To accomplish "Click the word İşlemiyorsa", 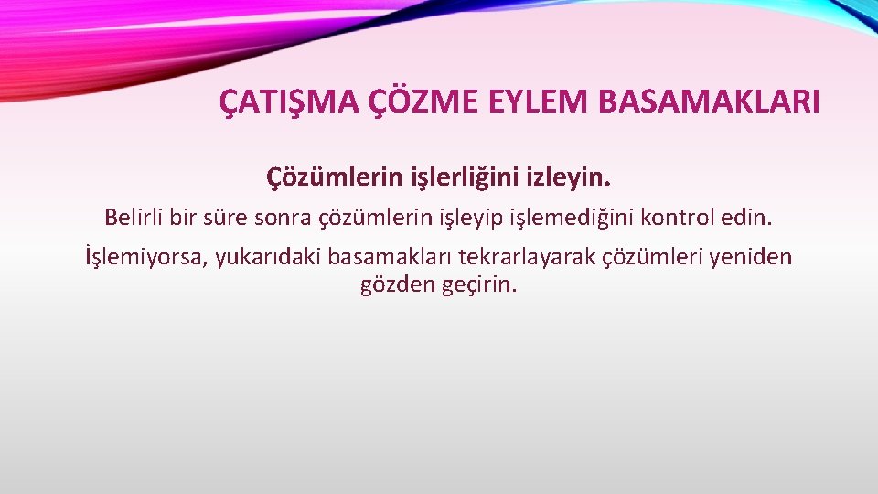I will click(x=145, y=259).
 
